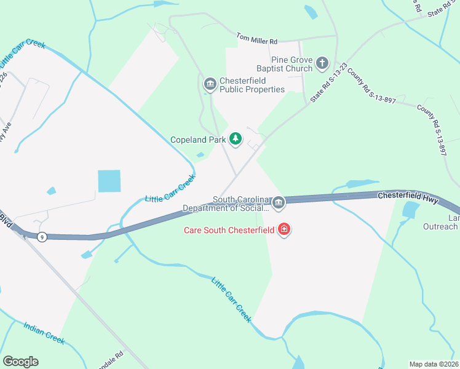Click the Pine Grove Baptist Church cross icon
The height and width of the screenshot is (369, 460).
322,63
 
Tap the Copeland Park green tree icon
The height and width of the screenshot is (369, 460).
235,139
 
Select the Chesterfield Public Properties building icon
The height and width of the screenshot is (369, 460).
210,84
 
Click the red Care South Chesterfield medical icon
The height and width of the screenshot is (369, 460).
284,231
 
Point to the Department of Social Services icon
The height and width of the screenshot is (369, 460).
279,202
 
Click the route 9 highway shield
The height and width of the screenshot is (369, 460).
42,237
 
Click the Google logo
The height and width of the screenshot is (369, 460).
20,362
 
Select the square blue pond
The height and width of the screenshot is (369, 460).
109,181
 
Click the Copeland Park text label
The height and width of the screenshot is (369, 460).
197,140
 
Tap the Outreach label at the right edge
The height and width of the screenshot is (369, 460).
440,226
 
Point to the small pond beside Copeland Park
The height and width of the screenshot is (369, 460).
200,154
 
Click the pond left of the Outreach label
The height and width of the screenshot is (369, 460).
409,210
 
